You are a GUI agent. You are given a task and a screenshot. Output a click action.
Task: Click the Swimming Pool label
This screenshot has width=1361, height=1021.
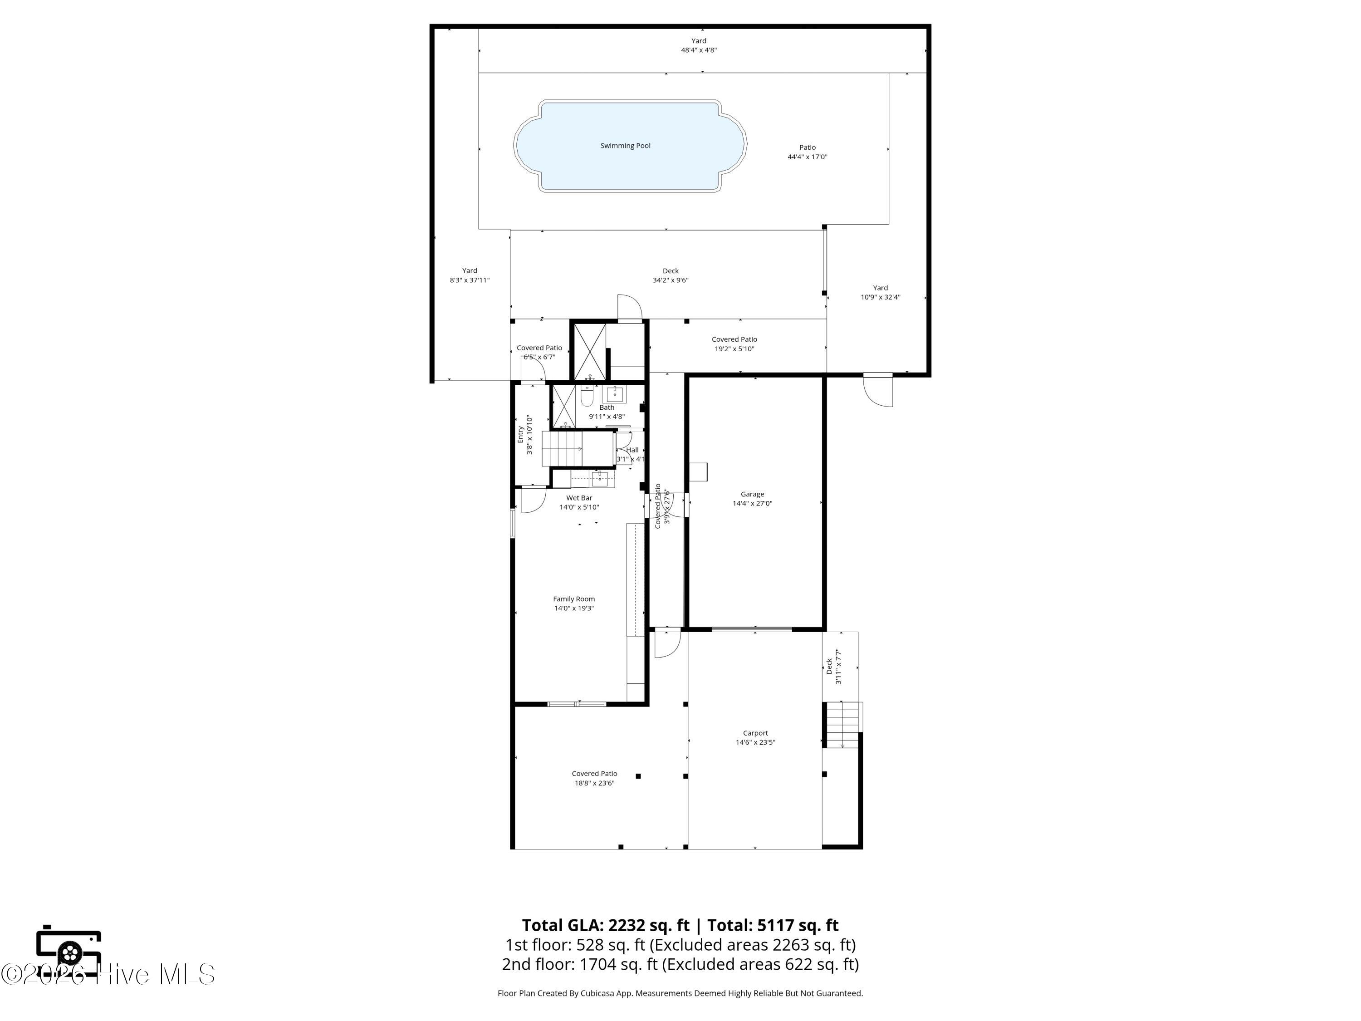[625, 146]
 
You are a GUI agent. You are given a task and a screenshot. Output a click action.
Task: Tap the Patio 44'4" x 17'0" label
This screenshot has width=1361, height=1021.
[807, 152]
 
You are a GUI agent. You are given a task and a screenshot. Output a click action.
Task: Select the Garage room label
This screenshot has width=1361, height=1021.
[752, 499]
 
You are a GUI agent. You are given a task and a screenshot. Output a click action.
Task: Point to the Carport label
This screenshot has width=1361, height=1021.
[755, 737]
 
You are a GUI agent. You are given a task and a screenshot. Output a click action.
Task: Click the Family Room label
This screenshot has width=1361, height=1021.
[573, 603]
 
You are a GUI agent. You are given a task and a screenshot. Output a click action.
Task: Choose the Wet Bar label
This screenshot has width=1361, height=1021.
[579, 502]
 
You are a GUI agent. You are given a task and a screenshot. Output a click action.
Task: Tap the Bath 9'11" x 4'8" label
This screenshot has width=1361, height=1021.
[607, 412]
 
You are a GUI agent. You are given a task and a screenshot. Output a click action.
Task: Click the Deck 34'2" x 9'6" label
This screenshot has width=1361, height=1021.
[670, 275]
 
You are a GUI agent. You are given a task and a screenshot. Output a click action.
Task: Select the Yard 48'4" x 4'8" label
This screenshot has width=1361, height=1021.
[698, 45]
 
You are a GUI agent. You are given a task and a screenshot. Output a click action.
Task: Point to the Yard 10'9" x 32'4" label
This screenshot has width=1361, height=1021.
[880, 292]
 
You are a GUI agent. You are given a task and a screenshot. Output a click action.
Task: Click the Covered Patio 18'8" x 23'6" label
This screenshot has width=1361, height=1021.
[594, 778]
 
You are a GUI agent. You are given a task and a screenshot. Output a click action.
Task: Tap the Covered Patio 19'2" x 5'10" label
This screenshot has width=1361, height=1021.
[734, 344]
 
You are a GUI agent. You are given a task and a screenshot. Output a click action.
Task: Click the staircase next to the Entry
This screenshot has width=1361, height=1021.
[561, 449]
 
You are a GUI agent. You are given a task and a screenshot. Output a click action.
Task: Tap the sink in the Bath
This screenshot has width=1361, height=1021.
[614, 394]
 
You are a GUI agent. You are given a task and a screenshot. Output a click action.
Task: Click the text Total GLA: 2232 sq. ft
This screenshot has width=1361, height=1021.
[606, 925]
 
